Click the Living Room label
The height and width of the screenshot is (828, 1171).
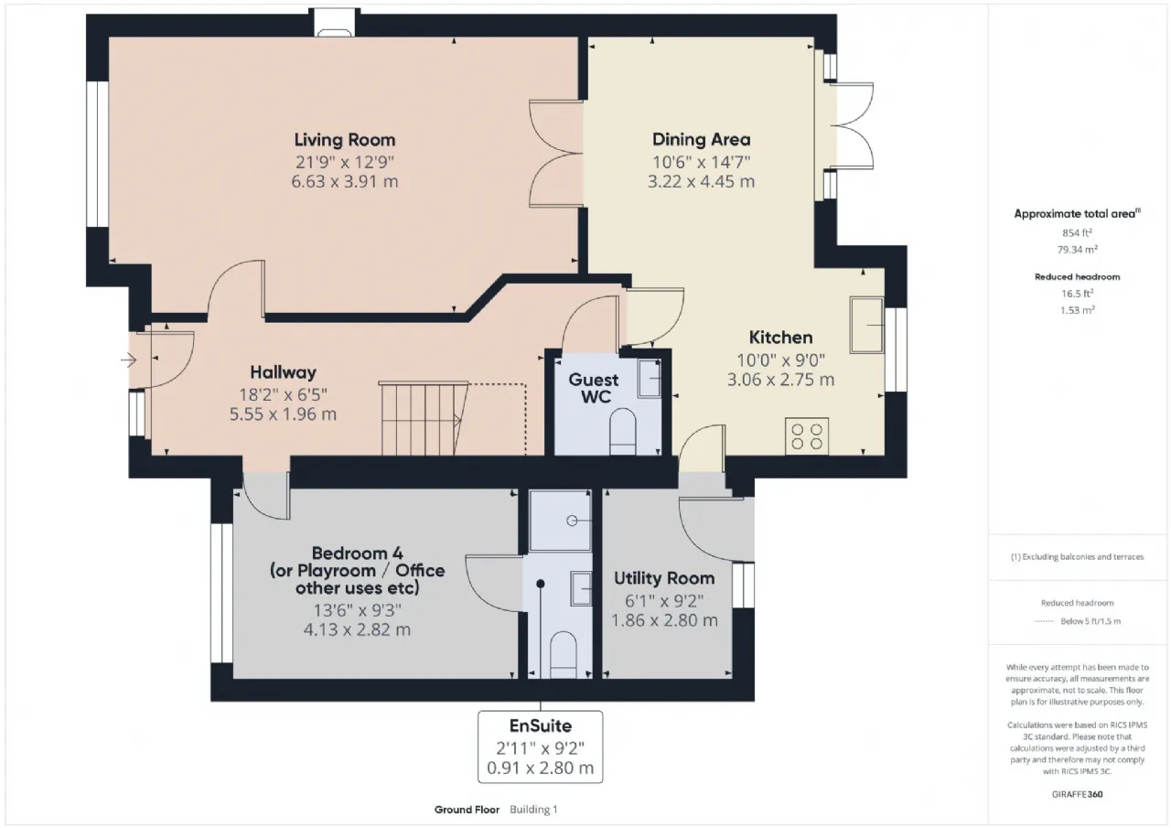pos(345,140)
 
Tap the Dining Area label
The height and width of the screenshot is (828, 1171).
pos(701,139)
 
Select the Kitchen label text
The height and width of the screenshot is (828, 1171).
pos(780,338)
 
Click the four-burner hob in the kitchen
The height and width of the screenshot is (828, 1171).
pos(807,436)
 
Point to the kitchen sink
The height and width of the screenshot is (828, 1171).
pos(866,325)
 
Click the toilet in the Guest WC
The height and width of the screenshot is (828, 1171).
pos(623,431)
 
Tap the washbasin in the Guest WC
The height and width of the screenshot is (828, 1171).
pos(650,379)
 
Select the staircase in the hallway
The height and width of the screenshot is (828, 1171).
pos(424,418)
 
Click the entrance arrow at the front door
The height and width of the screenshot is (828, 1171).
pos(129,360)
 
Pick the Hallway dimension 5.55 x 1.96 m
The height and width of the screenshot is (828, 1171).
pos(283,414)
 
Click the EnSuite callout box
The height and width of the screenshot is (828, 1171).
pos(540,747)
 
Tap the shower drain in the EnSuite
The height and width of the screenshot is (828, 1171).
pos(572,521)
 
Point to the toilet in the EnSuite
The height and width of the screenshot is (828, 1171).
pos(563,655)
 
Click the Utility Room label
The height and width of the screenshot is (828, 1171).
pos(664,578)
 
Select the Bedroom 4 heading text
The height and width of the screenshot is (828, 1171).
pos(357,553)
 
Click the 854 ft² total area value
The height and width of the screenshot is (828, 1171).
pos(1077,232)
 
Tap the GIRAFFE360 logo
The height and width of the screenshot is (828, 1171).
pos(1077,794)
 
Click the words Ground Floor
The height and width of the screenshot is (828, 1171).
pos(467,810)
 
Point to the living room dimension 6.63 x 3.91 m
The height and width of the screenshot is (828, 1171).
pos(345,181)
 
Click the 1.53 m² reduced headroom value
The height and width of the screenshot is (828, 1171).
pos(1077,310)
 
